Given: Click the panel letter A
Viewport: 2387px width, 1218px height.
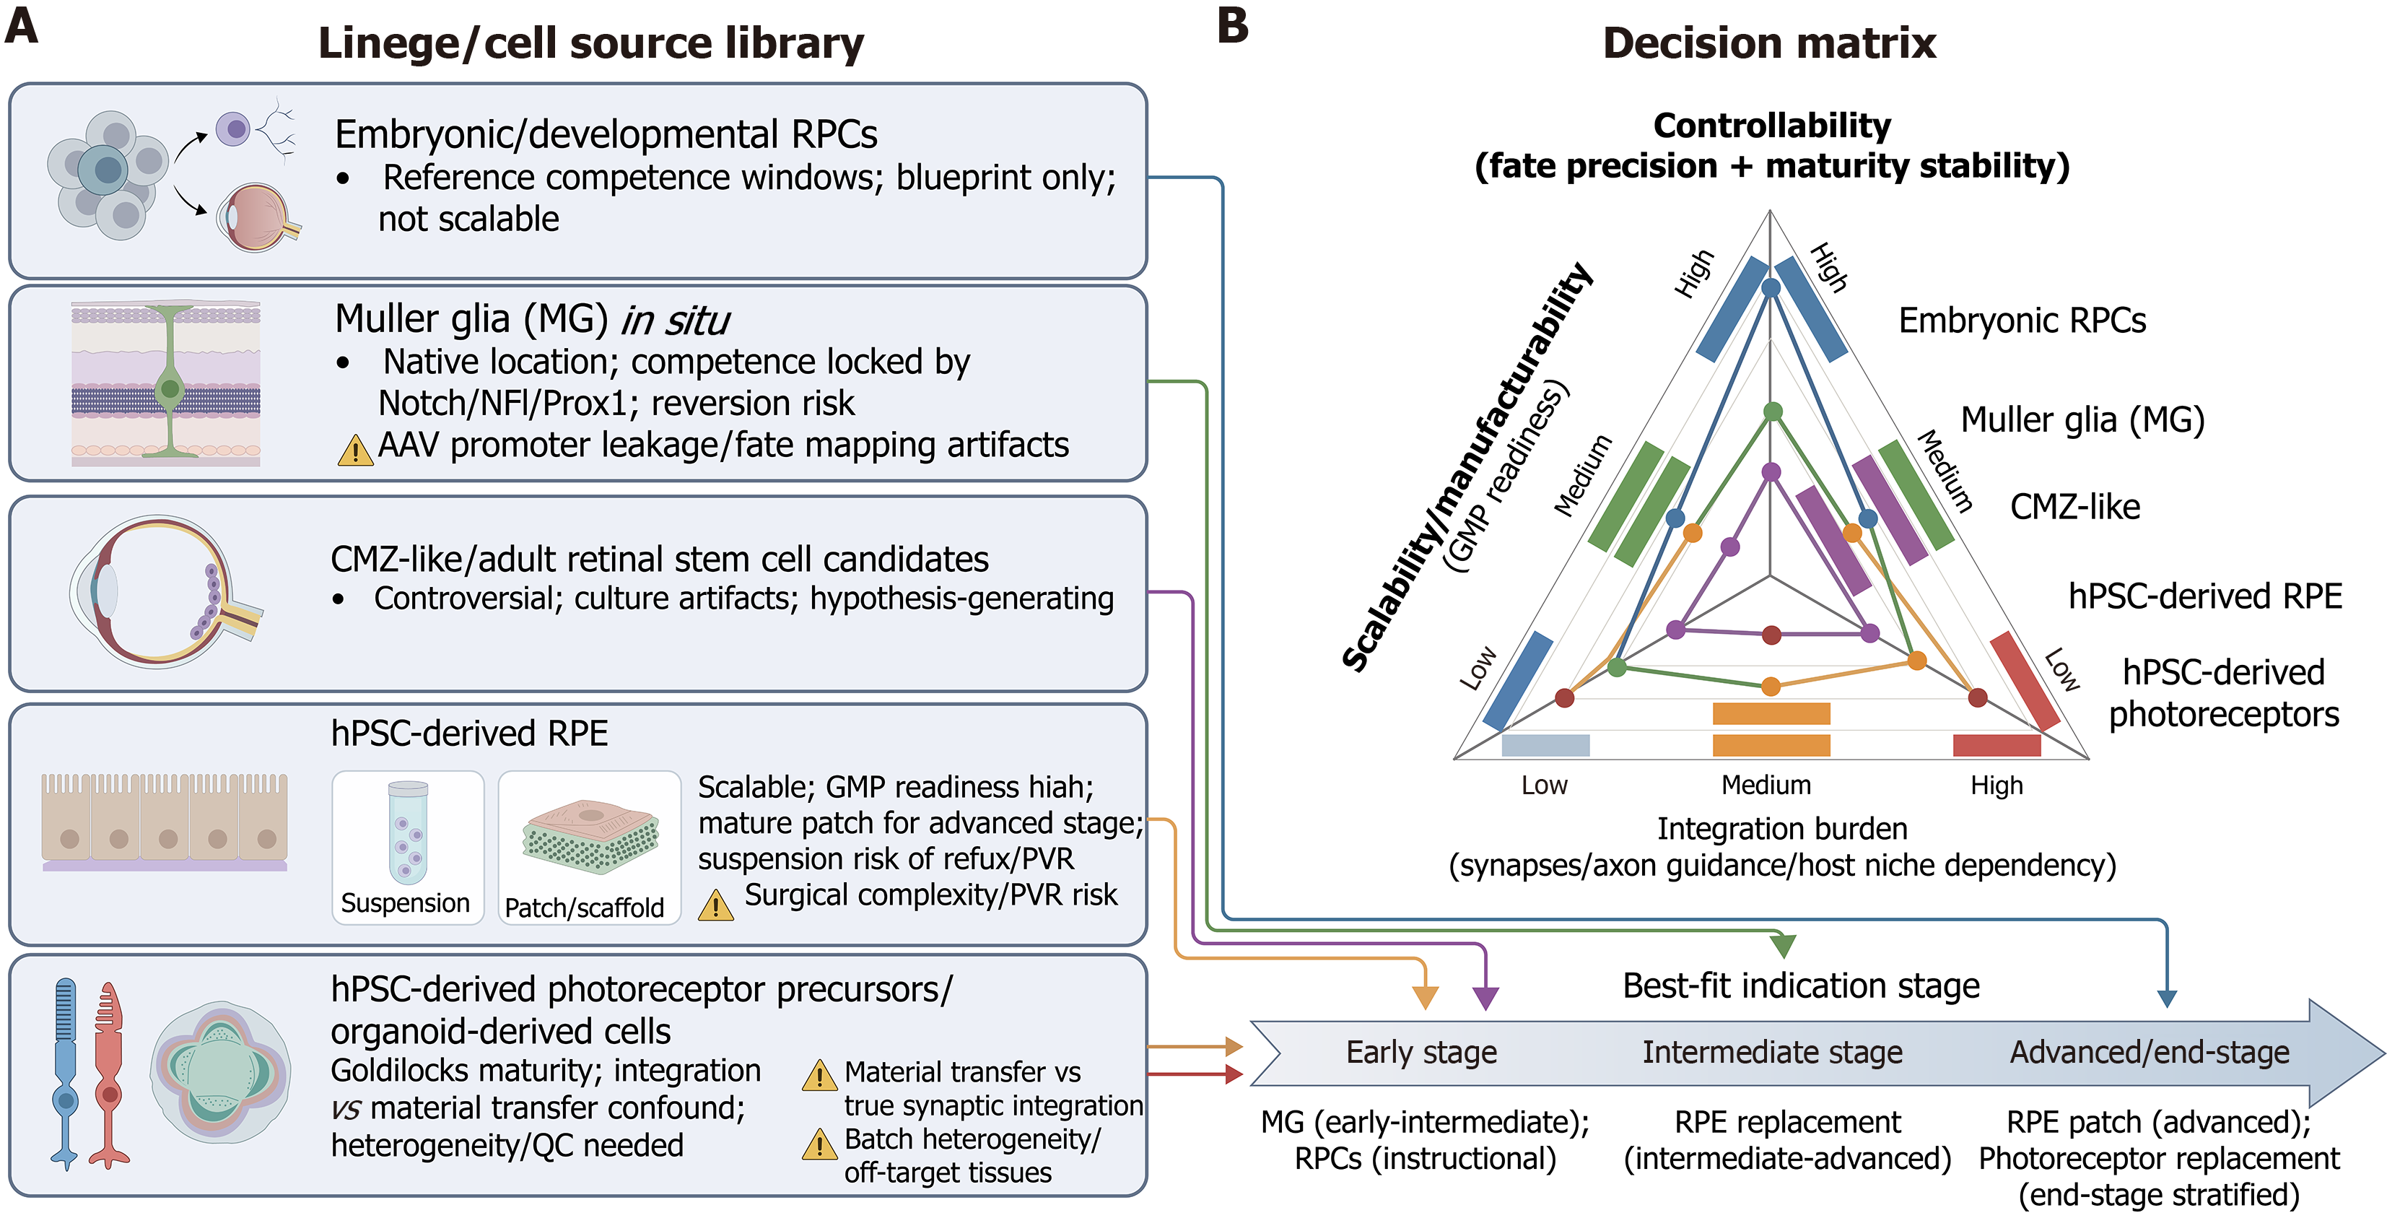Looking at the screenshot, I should point(22,25).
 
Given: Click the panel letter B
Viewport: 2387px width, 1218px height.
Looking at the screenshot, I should point(1232,25).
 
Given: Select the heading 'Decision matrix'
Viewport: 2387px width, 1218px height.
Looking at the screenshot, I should point(1769,43).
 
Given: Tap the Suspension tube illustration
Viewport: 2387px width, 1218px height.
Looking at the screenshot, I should point(408,832).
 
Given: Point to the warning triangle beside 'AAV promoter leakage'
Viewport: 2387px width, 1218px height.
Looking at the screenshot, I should point(355,451).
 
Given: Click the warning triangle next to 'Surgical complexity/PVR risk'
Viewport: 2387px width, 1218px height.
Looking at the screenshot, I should point(715,905).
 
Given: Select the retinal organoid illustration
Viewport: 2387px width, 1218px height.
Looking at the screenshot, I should point(221,1071).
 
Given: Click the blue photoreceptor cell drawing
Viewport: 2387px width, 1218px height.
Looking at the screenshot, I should point(65,1072).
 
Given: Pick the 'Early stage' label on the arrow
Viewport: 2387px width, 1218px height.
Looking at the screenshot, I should point(1421,1052).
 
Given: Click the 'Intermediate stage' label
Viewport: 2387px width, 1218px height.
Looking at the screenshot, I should point(1772,1052).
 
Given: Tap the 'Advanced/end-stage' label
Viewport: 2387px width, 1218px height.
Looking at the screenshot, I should point(2149,1052).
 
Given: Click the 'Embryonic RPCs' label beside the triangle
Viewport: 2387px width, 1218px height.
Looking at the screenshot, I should point(2022,321).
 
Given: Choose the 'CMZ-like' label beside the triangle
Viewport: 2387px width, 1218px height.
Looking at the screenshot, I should point(2074,507).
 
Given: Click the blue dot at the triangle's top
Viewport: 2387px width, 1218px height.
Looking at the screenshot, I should point(1771,288).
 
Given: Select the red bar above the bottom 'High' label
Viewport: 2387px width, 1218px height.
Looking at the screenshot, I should point(1996,744).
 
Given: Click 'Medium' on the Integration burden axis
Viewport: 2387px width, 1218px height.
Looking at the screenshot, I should point(1766,785).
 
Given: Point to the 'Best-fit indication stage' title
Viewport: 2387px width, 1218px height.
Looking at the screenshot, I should point(1800,986).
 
